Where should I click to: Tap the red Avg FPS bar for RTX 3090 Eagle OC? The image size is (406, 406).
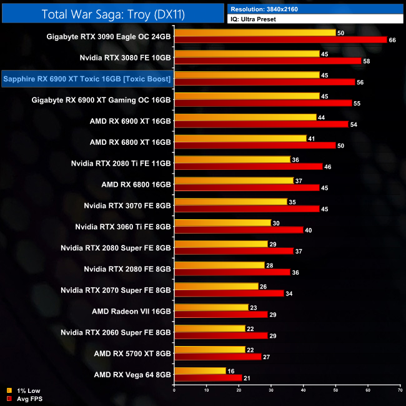point(281,40)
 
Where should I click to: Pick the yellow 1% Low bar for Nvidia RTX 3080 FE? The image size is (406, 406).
point(247,54)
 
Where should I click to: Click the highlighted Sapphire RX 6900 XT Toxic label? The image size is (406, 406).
point(87,79)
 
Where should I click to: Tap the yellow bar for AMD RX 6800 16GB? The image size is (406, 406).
point(234,181)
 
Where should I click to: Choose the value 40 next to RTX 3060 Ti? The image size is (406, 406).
point(309,230)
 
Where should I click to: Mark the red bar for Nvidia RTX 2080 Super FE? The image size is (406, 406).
point(234,251)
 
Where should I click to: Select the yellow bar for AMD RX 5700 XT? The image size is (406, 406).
point(210,349)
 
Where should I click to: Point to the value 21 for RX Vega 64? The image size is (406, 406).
point(247,377)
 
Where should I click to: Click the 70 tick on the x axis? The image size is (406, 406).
point(400,391)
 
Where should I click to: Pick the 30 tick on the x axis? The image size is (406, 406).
point(271,391)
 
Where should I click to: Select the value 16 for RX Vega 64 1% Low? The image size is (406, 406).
point(230,370)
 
